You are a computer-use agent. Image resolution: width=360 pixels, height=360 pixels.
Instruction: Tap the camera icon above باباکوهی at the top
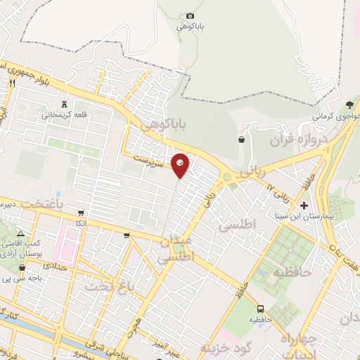[191, 15]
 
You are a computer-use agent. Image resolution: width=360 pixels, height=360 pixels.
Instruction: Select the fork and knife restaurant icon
[12, 82]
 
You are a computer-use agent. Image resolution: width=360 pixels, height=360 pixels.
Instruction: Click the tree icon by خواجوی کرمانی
[349, 105]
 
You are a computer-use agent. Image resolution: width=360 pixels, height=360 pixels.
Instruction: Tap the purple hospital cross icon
[304, 205]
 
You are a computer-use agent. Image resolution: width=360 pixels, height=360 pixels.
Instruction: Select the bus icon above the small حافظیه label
[260, 308]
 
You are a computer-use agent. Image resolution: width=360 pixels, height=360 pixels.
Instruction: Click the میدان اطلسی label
[173, 250]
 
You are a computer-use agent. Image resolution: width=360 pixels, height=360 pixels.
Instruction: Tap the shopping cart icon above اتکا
[82, 213]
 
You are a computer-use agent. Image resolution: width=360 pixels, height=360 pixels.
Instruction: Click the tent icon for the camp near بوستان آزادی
[20, 233]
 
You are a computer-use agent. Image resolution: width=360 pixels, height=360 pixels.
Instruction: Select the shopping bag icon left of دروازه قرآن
[241, 139]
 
